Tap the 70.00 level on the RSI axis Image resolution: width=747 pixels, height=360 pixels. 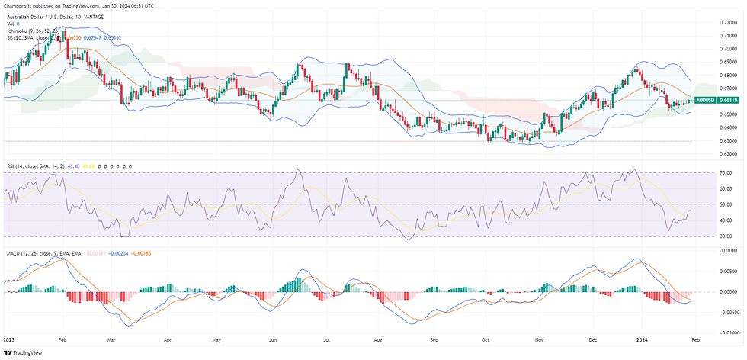725,173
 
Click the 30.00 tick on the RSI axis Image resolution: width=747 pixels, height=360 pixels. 725,236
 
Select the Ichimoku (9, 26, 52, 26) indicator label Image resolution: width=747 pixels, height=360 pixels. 33,30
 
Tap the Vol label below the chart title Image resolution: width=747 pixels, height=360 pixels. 10,23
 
